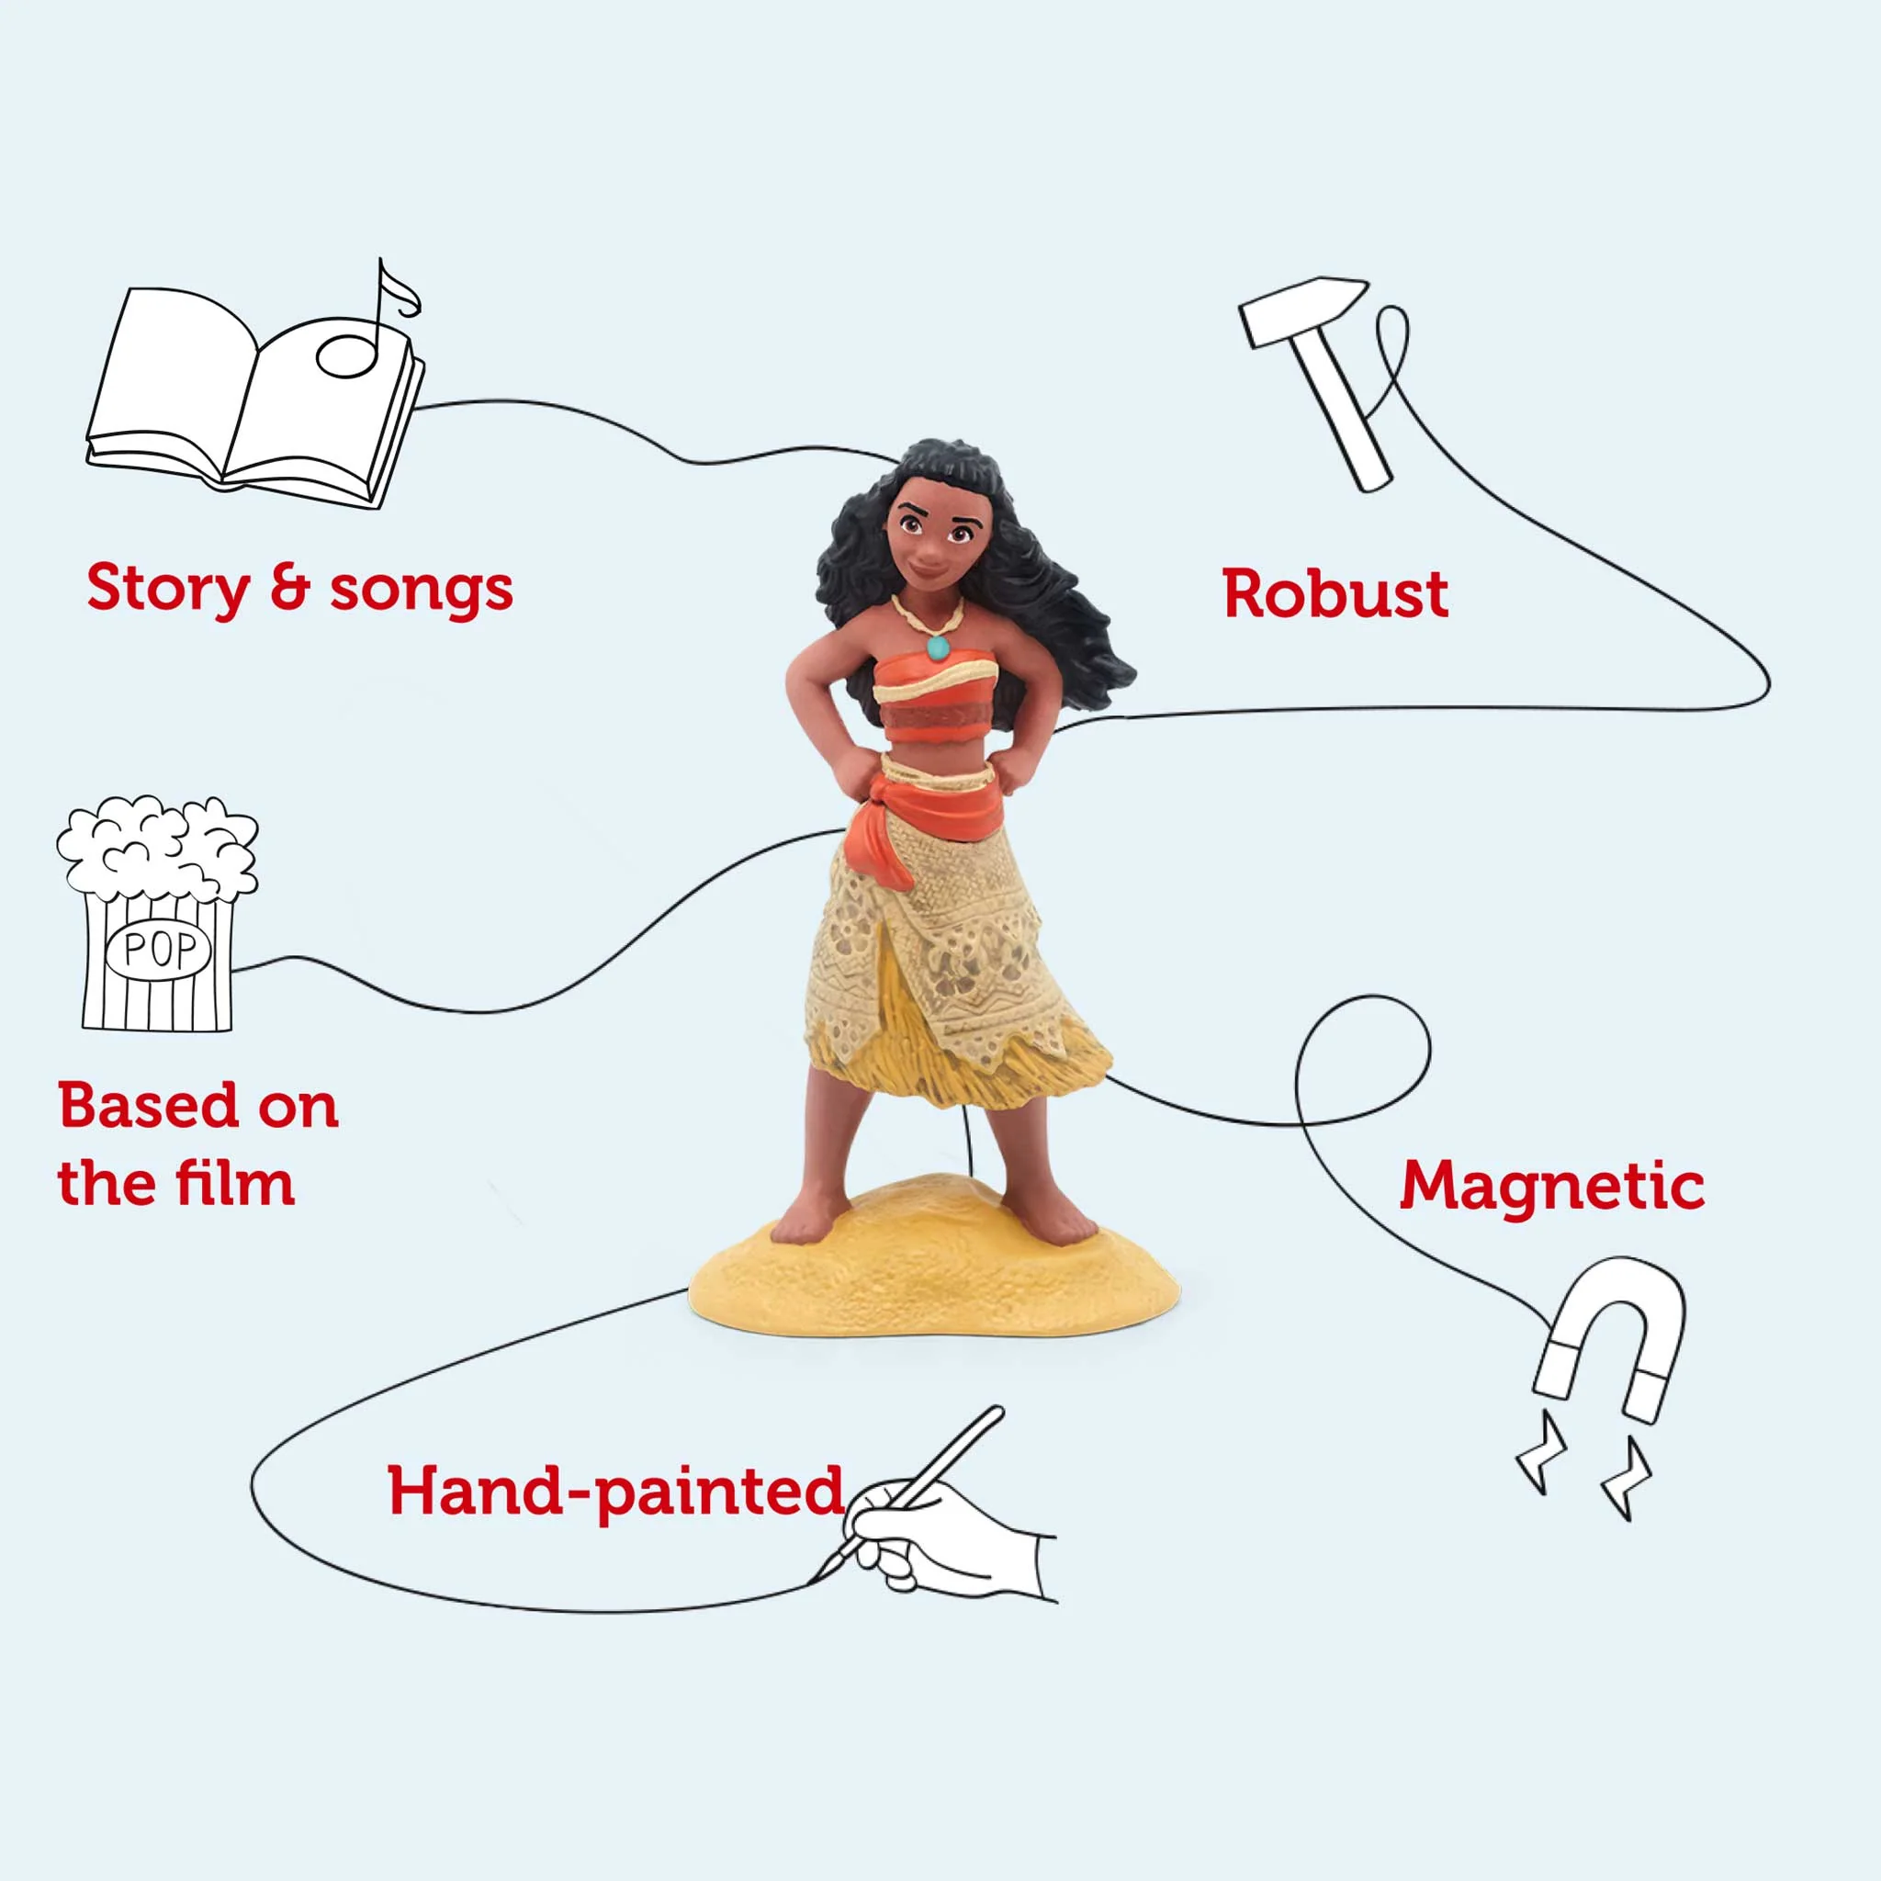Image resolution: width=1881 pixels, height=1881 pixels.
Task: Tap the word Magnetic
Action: click(1552, 1186)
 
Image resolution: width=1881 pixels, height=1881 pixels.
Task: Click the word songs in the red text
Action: click(422, 590)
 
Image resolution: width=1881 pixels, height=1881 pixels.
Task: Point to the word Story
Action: click(168, 590)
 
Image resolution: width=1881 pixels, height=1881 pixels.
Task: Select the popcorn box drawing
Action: click(156, 913)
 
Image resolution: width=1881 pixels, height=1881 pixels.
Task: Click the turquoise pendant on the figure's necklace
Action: click(938, 647)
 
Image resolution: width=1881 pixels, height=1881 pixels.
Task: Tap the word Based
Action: click(146, 1106)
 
